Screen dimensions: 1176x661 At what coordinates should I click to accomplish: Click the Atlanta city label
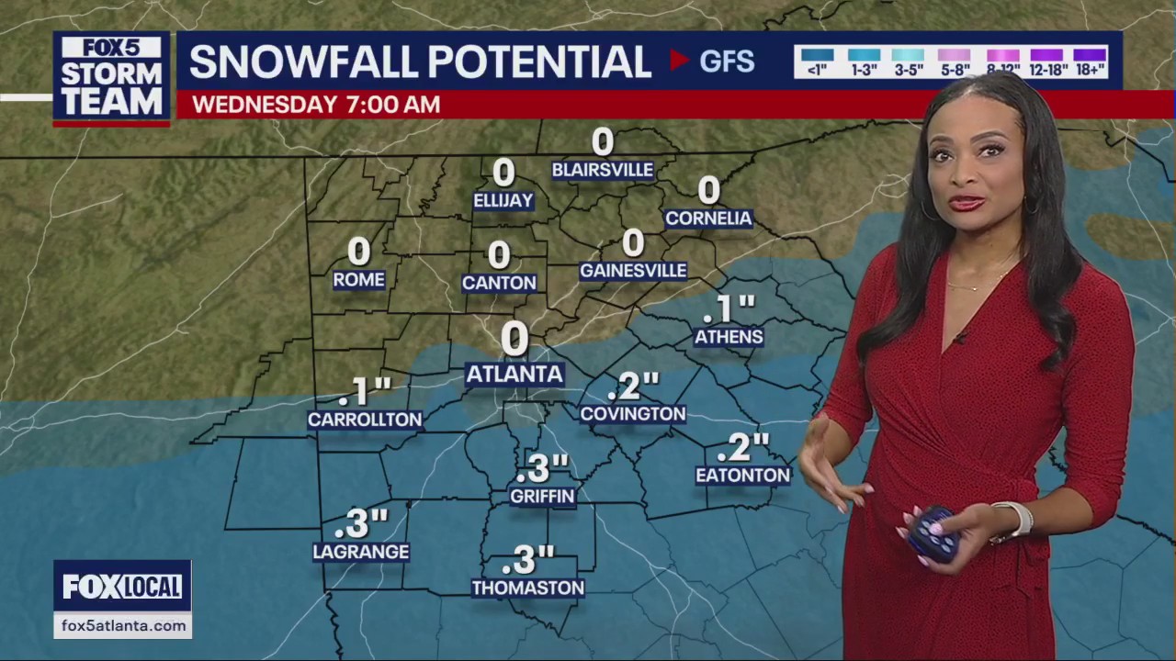pos(514,374)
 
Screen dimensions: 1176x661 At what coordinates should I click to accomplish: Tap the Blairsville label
pos(602,170)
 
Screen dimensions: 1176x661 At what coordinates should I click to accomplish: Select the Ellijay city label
pos(503,200)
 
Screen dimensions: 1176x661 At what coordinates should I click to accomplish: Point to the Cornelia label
pos(708,218)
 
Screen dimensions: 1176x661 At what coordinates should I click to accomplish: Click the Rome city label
pos(358,280)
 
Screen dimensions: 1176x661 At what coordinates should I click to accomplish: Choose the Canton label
pos(499,283)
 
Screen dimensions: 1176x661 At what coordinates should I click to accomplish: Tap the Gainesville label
pos(633,271)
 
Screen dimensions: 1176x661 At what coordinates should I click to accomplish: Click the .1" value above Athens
pos(729,308)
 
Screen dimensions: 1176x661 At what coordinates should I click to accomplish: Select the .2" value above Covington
pos(633,386)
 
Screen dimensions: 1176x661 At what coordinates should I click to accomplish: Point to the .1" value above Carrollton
pos(365,392)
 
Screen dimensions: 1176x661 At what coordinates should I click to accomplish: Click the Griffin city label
pos(542,497)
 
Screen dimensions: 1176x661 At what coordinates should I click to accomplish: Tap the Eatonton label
pos(742,476)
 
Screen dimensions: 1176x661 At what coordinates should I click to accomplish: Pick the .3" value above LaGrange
pos(361,524)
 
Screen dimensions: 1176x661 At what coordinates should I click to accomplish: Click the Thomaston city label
pos(527,588)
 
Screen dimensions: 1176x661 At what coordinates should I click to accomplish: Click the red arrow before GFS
pos(679,61)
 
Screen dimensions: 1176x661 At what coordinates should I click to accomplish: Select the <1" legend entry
pos(817,62)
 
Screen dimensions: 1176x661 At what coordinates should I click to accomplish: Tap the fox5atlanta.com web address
pos(123,625)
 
